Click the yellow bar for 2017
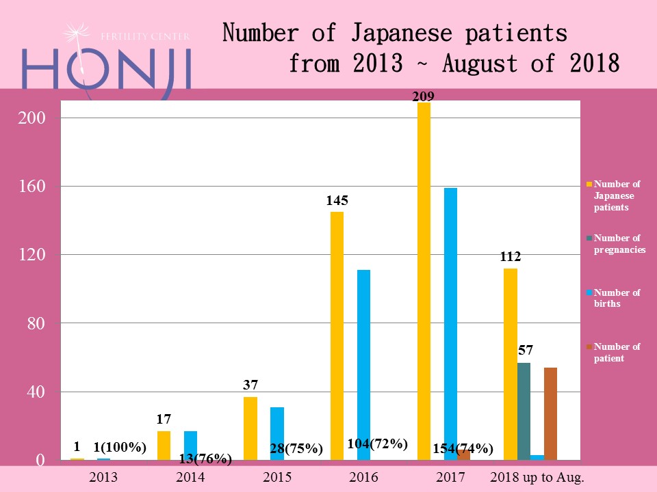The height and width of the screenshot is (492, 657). click(424, 280)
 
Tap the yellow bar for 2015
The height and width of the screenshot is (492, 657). click(250, 428)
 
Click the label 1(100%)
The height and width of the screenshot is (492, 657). click(120, 448)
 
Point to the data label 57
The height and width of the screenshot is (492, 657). click(525, 351)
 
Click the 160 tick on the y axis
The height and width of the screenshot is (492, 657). click(31, 186)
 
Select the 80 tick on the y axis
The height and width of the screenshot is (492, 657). click(36, 323)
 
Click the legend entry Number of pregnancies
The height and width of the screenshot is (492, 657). click(619, 244)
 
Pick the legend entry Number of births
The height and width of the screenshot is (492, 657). click(616, 298)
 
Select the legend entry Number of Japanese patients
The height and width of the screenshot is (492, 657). click(616, 195)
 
